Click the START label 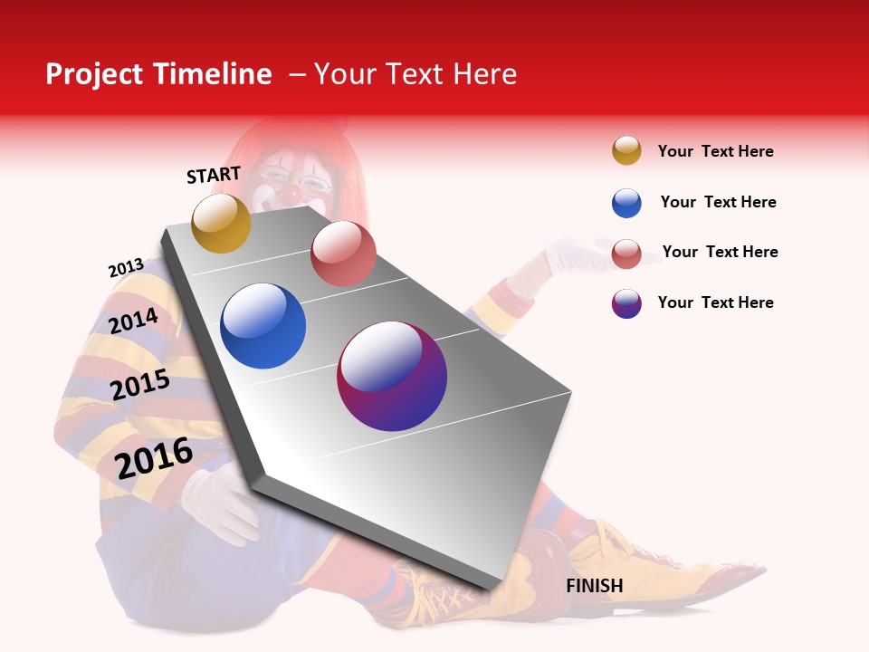214,175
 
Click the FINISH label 595,586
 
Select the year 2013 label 126,268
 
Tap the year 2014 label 133,321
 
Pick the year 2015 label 140,385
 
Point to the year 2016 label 154,457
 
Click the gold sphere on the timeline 221,223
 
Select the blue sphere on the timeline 263,326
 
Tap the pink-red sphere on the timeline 343,253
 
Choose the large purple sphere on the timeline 392,376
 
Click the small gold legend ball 626,150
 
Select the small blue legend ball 626,203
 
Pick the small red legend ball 626,254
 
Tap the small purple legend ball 626,303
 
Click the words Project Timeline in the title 158,74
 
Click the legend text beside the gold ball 715,151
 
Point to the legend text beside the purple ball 715,302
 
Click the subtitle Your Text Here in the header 415,74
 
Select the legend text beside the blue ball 718,202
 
